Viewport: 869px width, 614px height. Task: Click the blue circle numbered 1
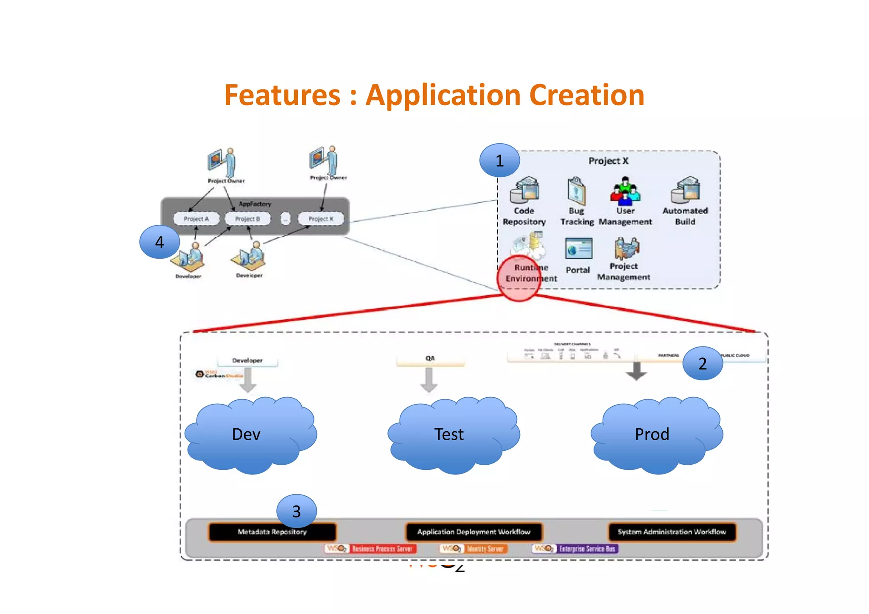[x=499, y=161]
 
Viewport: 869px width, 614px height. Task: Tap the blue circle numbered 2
[x=703, y=363]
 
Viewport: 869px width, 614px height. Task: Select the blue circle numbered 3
[x=296, y=511]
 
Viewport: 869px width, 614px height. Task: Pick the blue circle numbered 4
[x=160, y=242]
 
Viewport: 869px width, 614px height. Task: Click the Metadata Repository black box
[x=272, y=532]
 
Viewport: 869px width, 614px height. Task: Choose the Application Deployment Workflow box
[x=474, y=532]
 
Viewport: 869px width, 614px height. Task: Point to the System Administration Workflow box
[x=672, y=532]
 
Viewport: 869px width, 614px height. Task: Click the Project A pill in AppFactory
[x=196, y=219]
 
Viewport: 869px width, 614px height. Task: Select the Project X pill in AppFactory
[x=320, y=219]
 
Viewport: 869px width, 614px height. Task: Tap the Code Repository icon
[x=524, y=190]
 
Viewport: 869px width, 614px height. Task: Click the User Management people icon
[x=625, y=190]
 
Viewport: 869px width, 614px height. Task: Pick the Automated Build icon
[x=685, y=190]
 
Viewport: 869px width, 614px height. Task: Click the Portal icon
[x=578, y=249]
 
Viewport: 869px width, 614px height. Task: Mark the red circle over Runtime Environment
[x=519, y=278]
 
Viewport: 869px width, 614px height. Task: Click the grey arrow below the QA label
[x=429, y=380]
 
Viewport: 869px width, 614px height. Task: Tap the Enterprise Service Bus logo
[x=575, y=549]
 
